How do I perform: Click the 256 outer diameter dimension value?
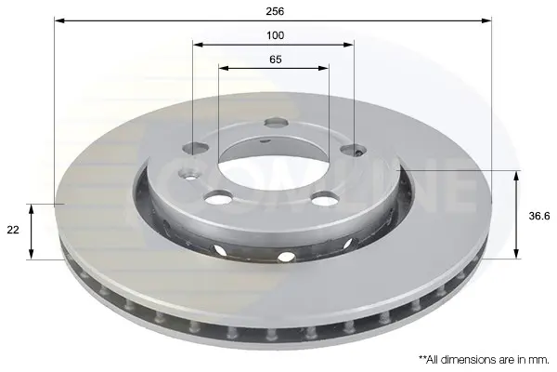(x=276, y=11)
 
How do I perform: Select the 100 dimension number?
(x=276, y=35)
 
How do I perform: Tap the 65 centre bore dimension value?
(x=276, y=60)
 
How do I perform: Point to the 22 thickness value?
(x=13, y=230)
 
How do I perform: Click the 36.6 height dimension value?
(x=539, y=216)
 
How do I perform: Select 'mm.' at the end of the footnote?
(x=539, y=360)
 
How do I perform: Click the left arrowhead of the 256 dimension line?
(x=59, y=20)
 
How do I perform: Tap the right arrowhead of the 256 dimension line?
(x=486, y=20)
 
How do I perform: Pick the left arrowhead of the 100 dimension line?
(x=198, y=45)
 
